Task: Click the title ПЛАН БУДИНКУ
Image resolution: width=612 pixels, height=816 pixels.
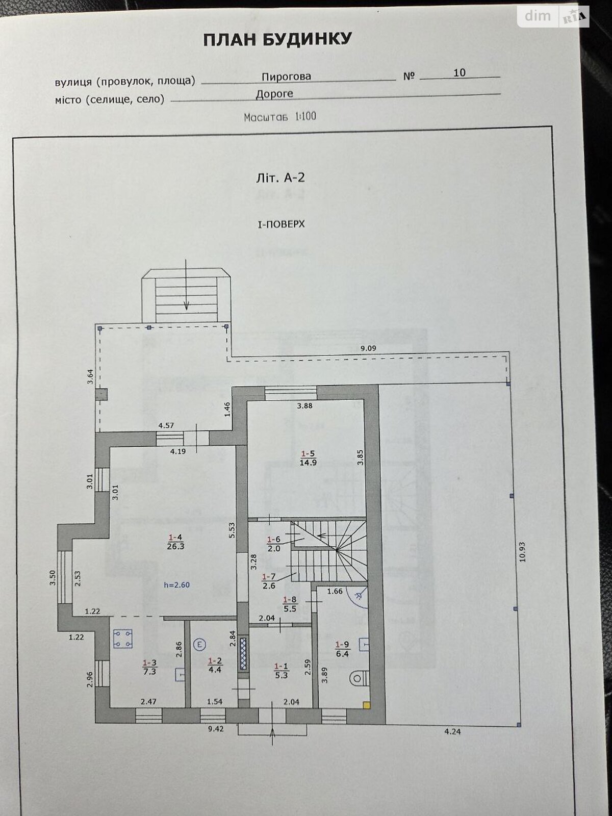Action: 277,40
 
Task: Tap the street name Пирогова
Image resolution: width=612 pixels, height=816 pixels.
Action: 286,76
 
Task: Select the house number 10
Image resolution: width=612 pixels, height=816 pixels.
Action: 460,73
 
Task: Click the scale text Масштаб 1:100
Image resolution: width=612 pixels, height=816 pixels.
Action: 280,117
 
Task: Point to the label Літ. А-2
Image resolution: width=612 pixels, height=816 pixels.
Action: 280,178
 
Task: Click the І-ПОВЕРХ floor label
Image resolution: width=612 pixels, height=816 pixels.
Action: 281,224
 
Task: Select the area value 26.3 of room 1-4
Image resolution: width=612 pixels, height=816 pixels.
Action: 175,546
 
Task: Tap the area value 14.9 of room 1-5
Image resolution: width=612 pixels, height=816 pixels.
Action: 309,463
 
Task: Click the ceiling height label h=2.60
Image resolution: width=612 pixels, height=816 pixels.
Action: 176,585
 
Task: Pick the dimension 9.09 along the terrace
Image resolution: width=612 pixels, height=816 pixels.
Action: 368,348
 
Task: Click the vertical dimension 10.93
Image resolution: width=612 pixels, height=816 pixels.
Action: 521,552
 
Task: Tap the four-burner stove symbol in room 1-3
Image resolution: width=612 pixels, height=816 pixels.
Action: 122,639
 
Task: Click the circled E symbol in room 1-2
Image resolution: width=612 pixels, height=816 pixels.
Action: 200,645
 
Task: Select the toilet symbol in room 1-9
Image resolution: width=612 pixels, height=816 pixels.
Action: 359,678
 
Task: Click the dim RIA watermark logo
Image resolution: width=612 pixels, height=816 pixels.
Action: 554,16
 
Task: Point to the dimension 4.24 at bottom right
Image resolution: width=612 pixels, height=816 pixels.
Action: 452,731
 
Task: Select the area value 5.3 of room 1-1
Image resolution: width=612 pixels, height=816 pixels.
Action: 281,676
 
